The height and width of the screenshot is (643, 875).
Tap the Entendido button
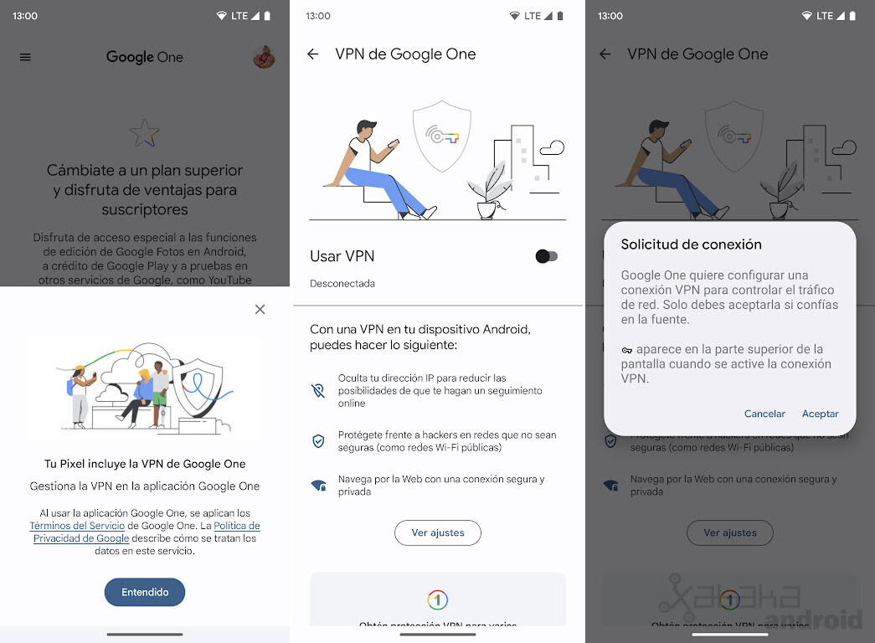point(145,592)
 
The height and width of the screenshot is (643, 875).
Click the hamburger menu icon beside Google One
point(25,57)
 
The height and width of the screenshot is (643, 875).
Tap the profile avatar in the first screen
point(264,57)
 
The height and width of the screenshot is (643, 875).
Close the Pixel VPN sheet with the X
point(260,310)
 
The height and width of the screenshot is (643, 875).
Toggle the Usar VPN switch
point(546,256)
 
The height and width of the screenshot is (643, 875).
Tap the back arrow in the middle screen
point(313,54)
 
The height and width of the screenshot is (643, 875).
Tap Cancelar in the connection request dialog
point(764,414)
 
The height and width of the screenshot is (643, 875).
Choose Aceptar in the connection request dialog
point(820,414)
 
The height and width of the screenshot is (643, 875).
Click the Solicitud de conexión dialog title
point(691,244)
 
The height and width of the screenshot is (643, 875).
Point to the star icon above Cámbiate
point(144,132)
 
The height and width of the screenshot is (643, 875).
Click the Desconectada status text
point(342,284)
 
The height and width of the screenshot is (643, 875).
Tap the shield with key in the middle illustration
point(442,136)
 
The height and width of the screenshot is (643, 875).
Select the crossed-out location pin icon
point(318,390)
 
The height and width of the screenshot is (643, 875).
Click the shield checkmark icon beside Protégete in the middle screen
point(318,441)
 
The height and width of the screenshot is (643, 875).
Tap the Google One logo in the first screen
point(144,57)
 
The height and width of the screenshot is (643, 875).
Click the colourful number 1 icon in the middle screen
point(437,599)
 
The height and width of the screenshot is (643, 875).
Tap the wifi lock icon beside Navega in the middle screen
point(318,486)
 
